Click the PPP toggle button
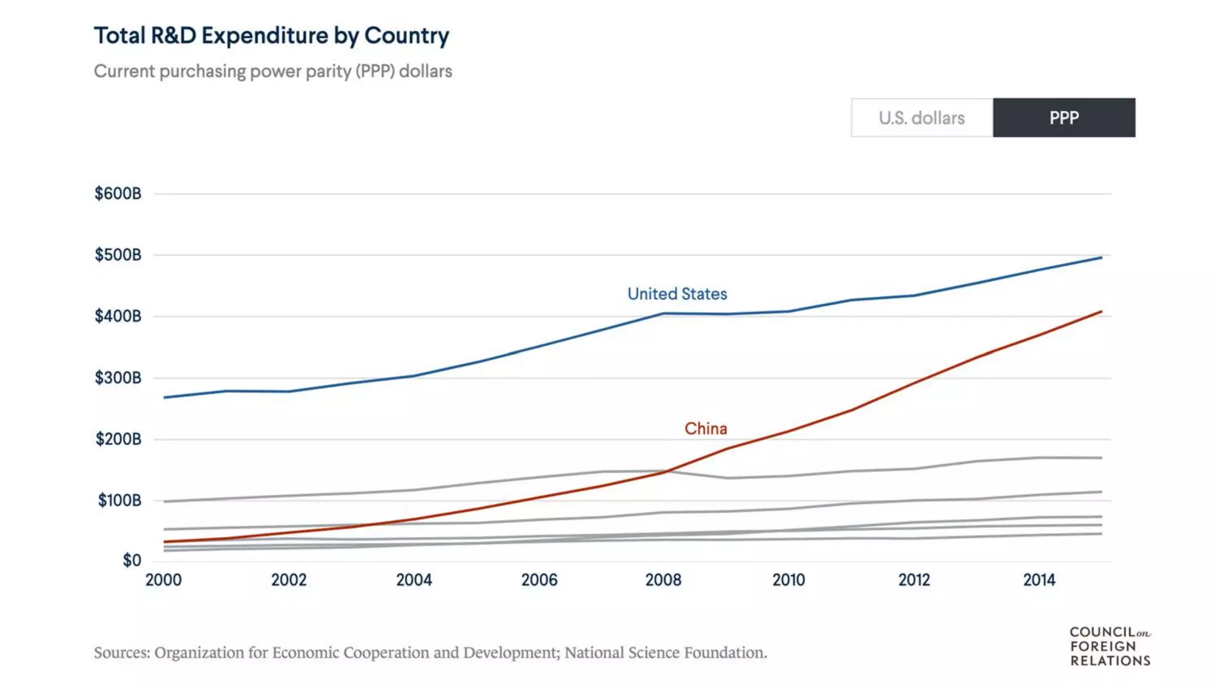(1063, 118)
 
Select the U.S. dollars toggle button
(922, 118)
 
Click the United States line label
(677, 294)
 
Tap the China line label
(705, 429)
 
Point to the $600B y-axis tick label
(118, 194)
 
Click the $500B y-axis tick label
(118, 255)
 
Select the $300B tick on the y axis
(118, 378)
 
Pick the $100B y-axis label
(120, 501)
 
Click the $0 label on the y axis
(131, 560)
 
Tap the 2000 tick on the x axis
(164, 580)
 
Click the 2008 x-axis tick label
(663, 580)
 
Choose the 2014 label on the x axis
(1039, 580)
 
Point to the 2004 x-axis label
(414, 580)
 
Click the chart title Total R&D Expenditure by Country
(271, 36)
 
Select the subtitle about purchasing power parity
(273, 71)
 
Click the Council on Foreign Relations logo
(1110, 646)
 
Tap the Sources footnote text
(430, 653)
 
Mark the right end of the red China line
(1101, 312)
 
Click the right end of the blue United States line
(1101, 257)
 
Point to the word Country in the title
(406, 36)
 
